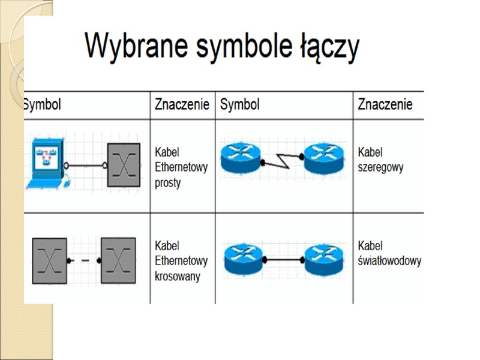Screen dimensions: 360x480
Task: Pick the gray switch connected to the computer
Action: coord(124,166)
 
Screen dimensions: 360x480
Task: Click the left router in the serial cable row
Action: coord(241,158)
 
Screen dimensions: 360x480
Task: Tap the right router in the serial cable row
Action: coord(324,158)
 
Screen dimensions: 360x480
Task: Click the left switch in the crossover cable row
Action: coord(49,260)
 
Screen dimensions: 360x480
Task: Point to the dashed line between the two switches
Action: coord(84,261)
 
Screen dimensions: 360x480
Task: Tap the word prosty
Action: coord(167,183)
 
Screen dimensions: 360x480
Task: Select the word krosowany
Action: coord(177,277)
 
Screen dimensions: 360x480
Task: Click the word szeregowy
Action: coord(380,167)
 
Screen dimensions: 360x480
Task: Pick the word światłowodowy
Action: coord(389,262)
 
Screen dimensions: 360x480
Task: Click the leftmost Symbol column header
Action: coord(42,105)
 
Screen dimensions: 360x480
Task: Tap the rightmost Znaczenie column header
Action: coord(385,105)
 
